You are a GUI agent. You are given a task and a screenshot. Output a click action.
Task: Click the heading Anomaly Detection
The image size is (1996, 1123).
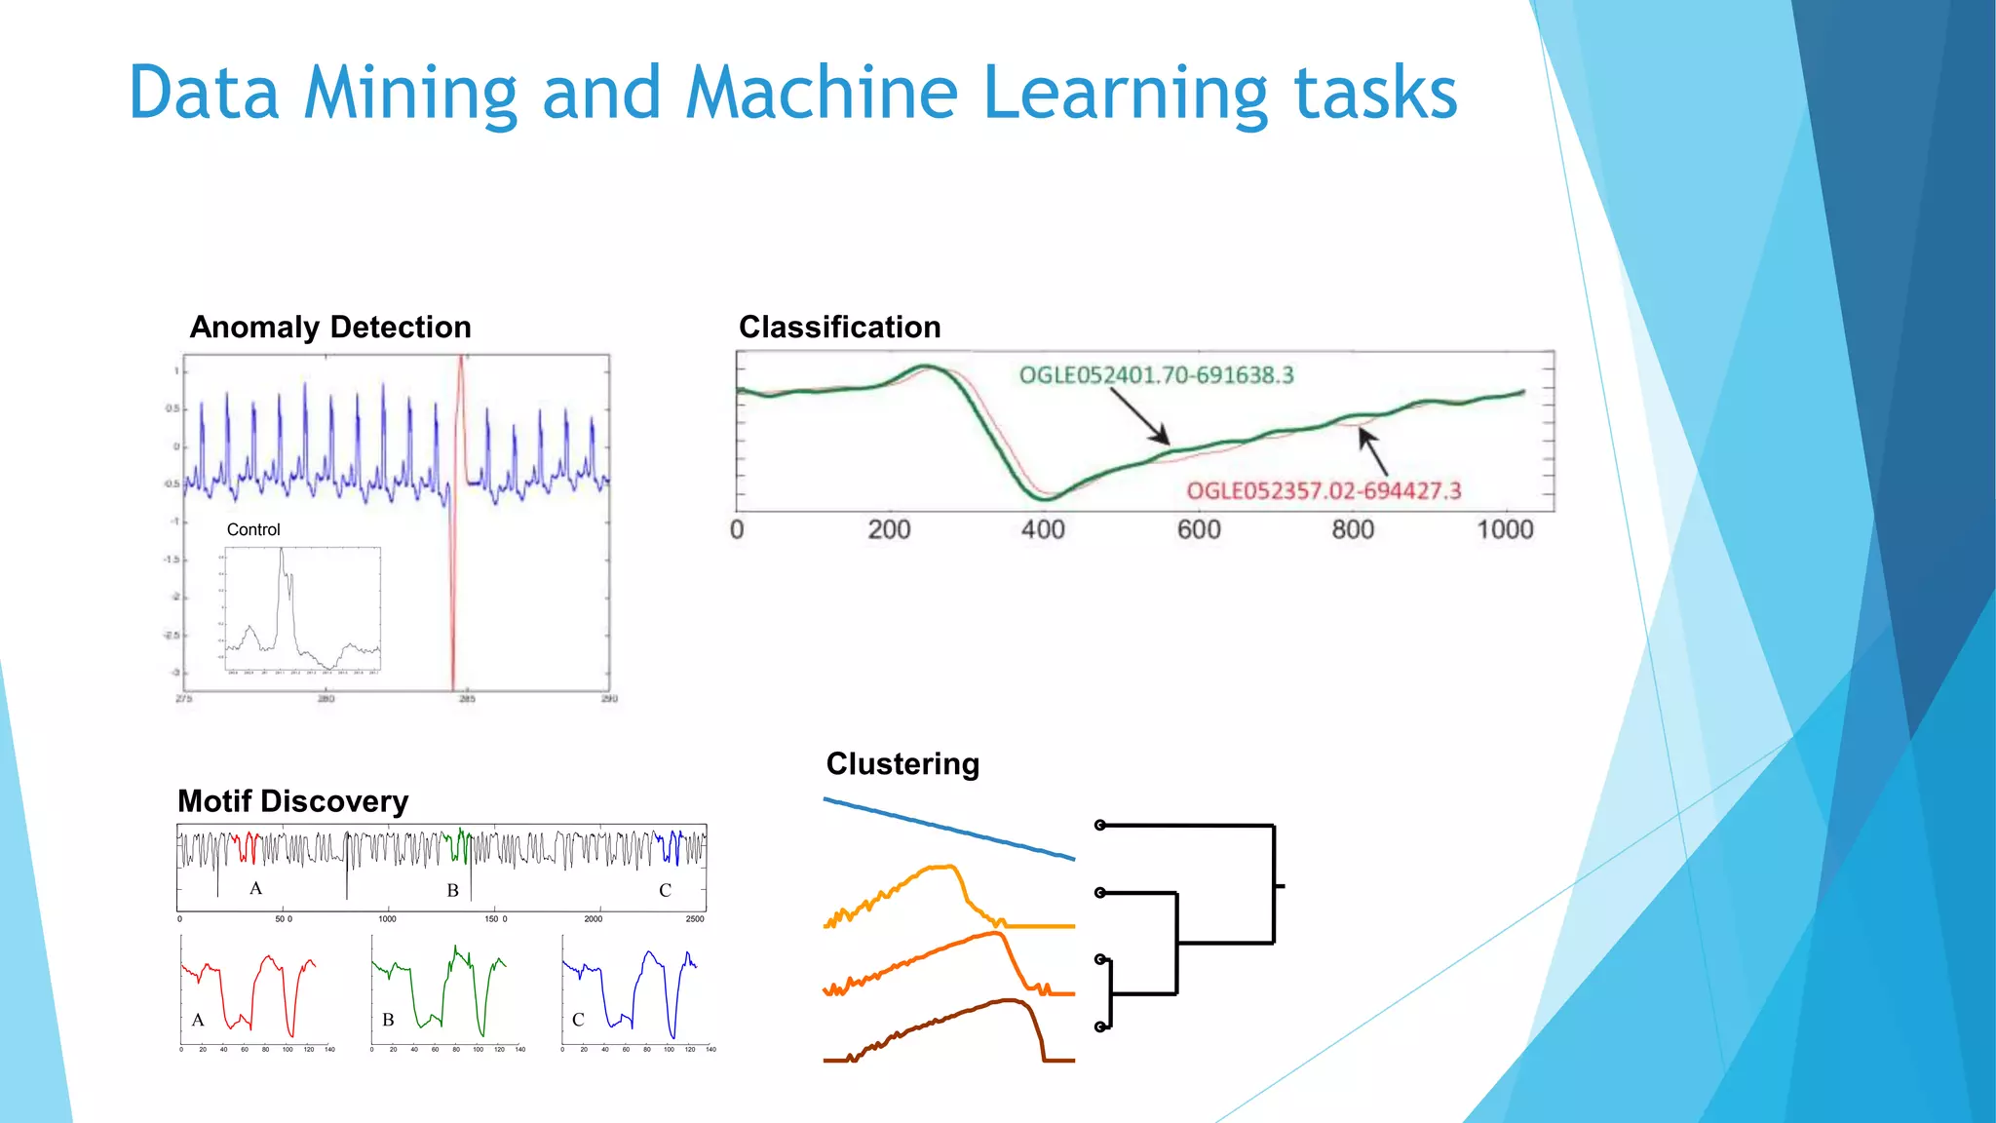[x=330, y=328]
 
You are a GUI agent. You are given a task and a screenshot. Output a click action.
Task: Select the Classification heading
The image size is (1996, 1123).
[x=839, y=328]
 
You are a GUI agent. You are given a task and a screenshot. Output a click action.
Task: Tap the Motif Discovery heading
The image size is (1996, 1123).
[x=292, y=801]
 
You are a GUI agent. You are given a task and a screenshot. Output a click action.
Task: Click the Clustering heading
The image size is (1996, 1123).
[x=902, y=764]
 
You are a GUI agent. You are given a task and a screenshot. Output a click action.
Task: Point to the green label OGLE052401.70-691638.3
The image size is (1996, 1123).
[x=1156, y=375]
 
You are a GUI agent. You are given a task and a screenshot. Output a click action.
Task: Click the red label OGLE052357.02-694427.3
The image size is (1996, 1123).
[x=1324, y=491]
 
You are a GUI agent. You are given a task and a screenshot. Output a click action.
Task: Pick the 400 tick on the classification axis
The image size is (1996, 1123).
[x=1043, y=530]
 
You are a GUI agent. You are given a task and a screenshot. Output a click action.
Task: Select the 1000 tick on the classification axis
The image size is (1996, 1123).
[x=1505, y=530]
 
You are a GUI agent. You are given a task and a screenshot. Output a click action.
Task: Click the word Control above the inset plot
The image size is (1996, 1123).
[x=253, y=530]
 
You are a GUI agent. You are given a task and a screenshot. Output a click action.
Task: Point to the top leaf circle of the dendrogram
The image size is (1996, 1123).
[x=1100, y=826]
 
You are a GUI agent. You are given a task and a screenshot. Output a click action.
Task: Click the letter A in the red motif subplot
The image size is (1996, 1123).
[x=198, y=1020]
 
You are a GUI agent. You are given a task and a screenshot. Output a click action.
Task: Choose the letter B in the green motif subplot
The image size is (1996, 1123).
[x=388, y=1020]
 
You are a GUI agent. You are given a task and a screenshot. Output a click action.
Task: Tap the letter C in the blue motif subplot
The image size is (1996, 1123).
[x=578, y=1020]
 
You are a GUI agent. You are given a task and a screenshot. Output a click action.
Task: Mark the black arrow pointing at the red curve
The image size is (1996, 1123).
[x=1374, y=453]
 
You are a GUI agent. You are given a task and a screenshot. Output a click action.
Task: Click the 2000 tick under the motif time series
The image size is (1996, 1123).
[x=593, y=919]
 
